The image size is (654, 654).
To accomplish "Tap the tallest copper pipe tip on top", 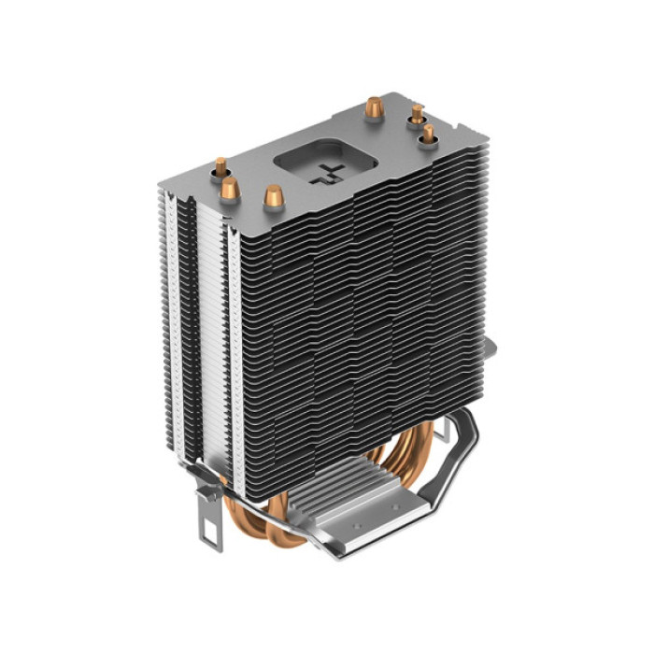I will coord(374,107).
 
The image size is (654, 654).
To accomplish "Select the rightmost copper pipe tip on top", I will coord(428,135).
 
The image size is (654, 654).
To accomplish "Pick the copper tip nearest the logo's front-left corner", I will coord(274,197).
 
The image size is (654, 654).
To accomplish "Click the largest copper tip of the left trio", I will coord(230,191).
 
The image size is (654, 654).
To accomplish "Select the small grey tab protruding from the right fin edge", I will coord(489,349).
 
